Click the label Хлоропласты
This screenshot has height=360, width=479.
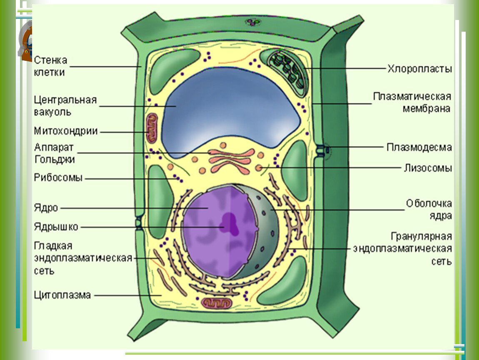419,69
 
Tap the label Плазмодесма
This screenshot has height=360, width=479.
419,147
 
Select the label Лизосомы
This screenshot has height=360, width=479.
428,168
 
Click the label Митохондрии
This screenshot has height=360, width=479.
66,131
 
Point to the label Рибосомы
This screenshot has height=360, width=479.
58,178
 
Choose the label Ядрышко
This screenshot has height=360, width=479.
56,227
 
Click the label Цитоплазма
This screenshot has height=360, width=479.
62,295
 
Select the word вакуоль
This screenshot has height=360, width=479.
52,112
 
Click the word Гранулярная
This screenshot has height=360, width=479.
421,237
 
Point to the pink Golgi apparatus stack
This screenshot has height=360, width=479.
231,160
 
